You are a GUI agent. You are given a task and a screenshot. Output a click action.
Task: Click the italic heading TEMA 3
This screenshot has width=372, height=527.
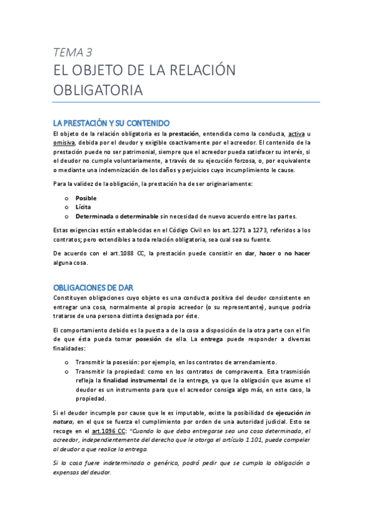pyautogui.click(x=73, y=52)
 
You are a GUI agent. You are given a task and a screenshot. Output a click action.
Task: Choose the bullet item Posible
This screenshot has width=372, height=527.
pyautogui.click(x=86, y=198)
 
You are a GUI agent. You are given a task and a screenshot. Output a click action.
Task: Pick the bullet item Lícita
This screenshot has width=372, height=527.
pyautogui.click(x=84, y=207)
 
